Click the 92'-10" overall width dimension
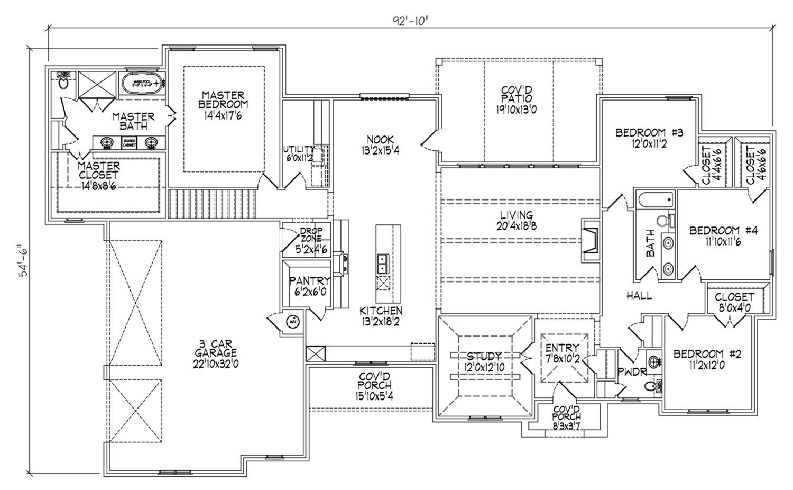(409, 20)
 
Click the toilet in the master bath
(63, 84)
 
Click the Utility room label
(299, 153)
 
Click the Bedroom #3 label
(650, 137)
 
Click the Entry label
(563, 352)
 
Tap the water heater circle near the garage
(292, 321)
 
